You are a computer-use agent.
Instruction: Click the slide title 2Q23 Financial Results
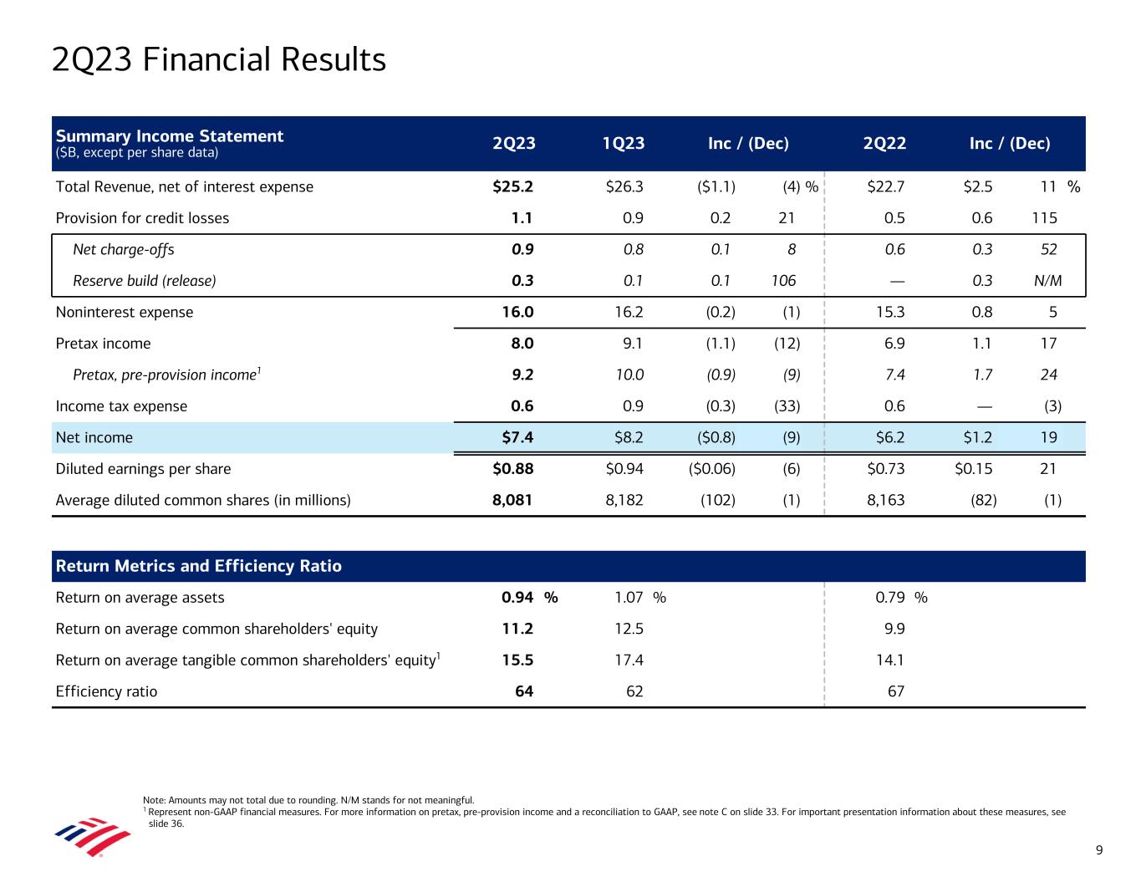[x=218, y=60]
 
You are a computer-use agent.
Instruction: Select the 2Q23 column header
[x=514, y=144]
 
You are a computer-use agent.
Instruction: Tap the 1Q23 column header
[x=624, y=144]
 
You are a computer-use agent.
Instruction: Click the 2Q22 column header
[x=884, y=144]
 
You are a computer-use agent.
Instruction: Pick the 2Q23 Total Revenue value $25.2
[x=513, y=186]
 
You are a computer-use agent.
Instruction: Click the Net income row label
[x=94, y=437]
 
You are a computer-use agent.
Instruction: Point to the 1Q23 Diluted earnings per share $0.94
[x=624, y=469]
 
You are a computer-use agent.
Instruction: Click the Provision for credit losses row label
[x=142, y=218]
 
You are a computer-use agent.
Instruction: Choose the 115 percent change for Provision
[x=1045, y=218]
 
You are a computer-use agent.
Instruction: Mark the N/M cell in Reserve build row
[x=1047, y=281]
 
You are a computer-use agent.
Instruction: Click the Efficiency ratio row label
[x=106, y=691]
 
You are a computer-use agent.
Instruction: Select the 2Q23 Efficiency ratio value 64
[x=523, y=691]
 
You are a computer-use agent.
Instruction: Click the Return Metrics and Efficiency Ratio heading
[x=198, y=566]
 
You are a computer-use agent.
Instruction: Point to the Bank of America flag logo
[x=93, y=837]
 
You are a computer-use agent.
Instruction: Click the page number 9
[x=1099, y=851]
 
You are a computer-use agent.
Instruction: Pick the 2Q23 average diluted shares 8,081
[x=512, y=501]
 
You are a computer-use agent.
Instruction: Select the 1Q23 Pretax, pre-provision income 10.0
[x=628, y=375]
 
